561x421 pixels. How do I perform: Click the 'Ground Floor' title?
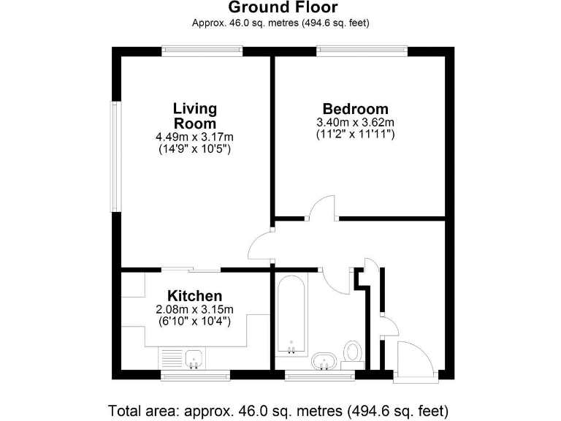coord(283,8)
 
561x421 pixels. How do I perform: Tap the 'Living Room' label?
coord(195,116)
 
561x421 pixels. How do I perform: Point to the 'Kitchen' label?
coord(195,296)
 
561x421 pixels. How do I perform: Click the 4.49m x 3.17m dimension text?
coord(195,137)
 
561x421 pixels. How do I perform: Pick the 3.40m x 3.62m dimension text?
coord(355,122)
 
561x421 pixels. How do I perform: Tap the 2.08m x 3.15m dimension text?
coord(195,309)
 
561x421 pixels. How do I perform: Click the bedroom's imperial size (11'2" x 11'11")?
coord(355,134)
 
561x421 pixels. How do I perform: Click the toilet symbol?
coord(354,352)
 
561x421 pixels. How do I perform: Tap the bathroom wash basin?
coord(324,361)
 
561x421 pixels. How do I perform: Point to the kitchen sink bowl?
coord(194,358)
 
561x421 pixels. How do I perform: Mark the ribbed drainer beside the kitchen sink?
coord(172,357)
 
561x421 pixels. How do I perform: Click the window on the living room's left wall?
coord(115,156)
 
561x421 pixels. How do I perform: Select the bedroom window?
coord(362,50)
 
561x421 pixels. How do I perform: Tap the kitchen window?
coord(195,376)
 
